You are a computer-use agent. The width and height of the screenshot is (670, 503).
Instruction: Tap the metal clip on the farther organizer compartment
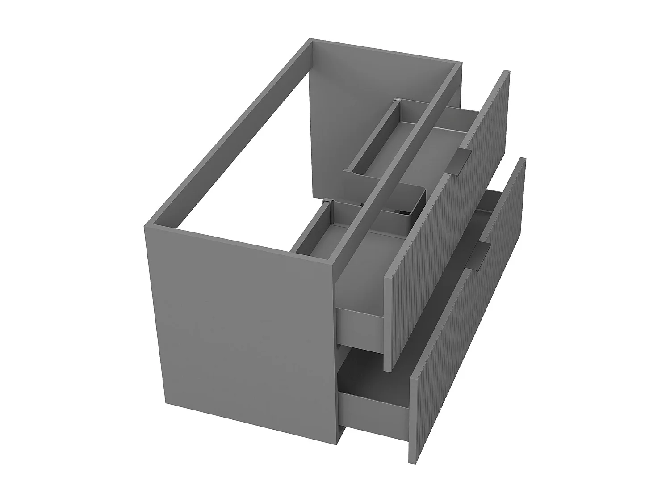pyautogui.click(x=395, y=102)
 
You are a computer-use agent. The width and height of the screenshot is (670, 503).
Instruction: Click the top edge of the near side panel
pyautogui.click(x=241, y=244)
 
